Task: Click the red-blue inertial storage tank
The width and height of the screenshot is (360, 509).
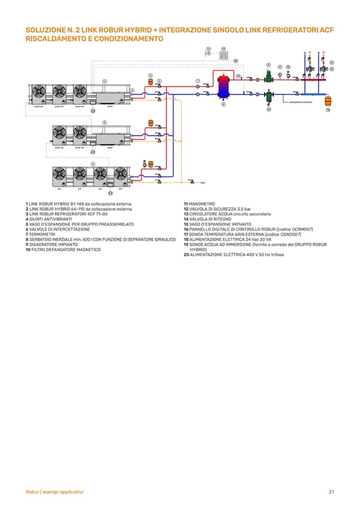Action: click(224, 86)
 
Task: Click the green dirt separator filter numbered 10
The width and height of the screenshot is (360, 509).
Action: click(269, 98)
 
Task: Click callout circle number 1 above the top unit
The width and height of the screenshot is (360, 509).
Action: click(105, 81)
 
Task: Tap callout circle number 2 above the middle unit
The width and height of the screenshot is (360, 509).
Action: click(105, 123)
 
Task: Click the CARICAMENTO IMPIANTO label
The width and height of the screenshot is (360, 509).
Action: click(300, 102)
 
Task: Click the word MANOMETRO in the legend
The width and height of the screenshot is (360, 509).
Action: click(202, 204)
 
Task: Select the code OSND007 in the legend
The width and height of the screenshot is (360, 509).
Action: click(291, 234)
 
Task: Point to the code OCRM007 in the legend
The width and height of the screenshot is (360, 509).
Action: click(302, 229)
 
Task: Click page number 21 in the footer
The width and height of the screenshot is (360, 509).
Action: click(331, 491)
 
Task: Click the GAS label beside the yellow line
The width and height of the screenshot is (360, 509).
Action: click(203, 183)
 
